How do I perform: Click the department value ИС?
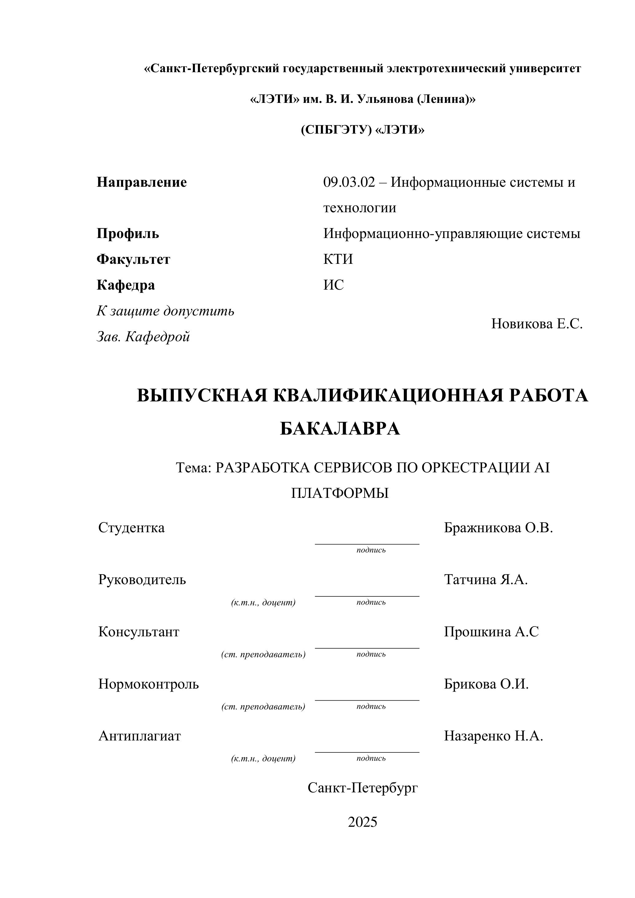[333, 285]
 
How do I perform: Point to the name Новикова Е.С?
[536, 324]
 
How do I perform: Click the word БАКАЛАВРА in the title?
[340, 429]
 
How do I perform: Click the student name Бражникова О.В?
[498, 528]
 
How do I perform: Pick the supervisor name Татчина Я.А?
[486, 580]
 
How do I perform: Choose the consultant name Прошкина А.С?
[491, 632]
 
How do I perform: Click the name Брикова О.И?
[486, 684]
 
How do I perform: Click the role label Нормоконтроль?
[149, 684]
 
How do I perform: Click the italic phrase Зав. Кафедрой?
[143, 337]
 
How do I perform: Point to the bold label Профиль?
[128, 234]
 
